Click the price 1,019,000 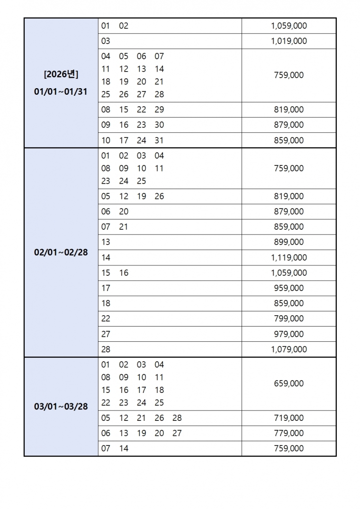tap(288, 41)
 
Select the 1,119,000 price tap(288, 258)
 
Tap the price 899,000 tap(288, 242)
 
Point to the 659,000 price tap(288, 384)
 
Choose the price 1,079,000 tap(288, 350)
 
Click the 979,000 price tap(288, 334)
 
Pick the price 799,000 tap(288, 318)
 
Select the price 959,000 tap(288, 288)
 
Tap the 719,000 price tap(288, 418)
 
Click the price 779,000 tap(288, 434)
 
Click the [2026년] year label tap(61, 75)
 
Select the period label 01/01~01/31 tap(61, 91)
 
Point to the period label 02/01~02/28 tap(61, 253)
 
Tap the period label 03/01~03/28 tap(61, 407)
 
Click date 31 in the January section tap(159, 141)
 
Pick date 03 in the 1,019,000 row tap(105, 41)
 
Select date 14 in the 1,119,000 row tap(105, 258)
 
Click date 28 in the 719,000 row tap(177, 418)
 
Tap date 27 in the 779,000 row tap(177, 434)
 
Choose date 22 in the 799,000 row tap(105, 318)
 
